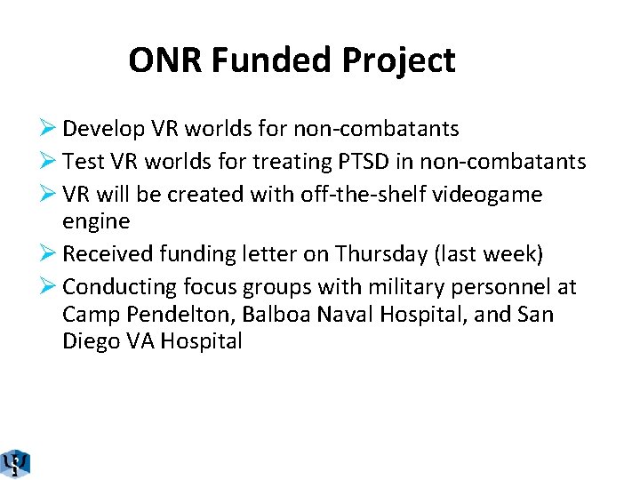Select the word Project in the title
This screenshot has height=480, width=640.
399,60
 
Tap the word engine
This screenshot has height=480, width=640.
96,220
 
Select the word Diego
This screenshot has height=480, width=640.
92,341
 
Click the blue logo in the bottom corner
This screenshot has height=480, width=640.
15,464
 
